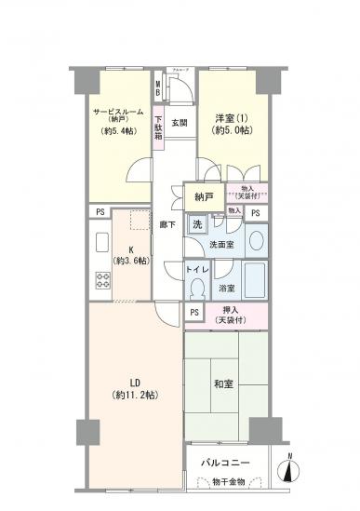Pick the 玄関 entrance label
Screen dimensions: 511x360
[180, 122]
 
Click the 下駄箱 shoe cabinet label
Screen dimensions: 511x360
[159, 126]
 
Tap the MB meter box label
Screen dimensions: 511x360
[158, 91]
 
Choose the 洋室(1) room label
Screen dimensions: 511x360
[231, 118]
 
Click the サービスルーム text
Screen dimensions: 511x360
[117, 112]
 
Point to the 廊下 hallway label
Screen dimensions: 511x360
[167, 223]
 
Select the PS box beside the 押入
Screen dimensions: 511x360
[193, 313]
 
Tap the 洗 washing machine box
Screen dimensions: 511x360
[196, 223]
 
